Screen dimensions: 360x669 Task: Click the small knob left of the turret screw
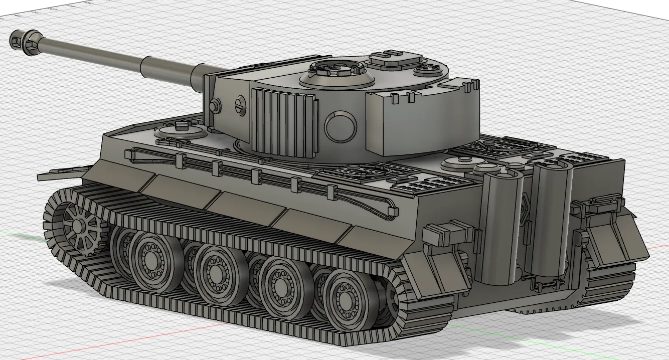pos(215,105)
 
